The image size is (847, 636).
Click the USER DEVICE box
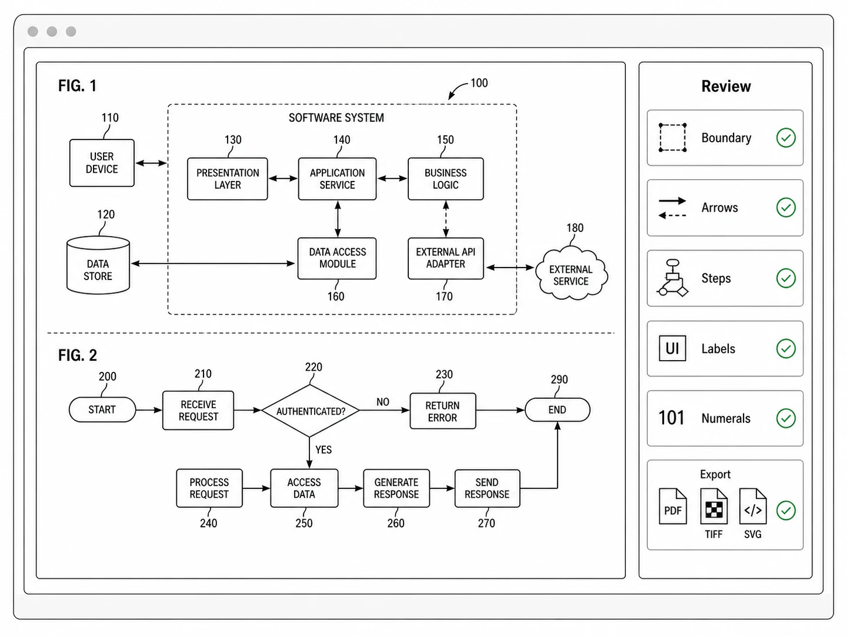point(102,163)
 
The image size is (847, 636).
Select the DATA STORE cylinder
point(98,265)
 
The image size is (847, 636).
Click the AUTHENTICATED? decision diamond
point(310,411)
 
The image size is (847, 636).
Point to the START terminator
point(102,409)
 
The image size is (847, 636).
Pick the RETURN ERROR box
point(443,411)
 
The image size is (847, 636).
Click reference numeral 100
point(479,83)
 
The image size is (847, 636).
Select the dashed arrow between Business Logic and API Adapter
point(446,219)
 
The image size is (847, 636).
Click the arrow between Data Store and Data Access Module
point(212,264)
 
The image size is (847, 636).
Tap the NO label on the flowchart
point(383,402)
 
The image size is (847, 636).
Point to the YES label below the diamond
point(323,450)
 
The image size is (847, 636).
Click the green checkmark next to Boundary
point(786,138)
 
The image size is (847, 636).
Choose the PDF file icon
point(673,506)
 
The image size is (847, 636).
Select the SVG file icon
point(753,506)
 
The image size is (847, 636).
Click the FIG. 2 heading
point(78,355)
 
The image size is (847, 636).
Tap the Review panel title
point(726,86)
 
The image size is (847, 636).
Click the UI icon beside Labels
point(672,348)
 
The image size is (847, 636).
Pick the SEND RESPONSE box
point(487,488)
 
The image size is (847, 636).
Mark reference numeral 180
point(574,228)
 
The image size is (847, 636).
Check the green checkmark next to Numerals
point(786,418)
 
